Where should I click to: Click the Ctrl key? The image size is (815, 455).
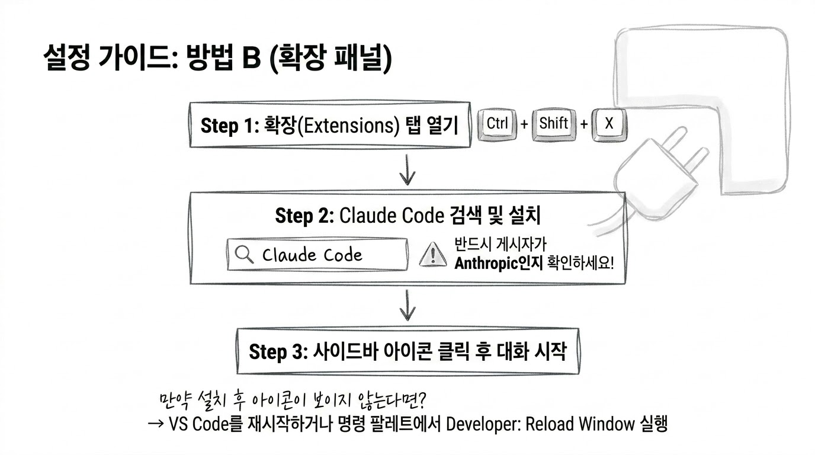point(497,124)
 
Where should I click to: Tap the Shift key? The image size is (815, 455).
point(554,124)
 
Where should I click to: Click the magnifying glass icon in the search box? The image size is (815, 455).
point(244,254)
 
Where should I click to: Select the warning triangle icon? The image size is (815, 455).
point(432,255)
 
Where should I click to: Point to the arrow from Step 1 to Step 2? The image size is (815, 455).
point(407,169)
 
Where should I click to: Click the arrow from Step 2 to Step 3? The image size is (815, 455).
point(407,305)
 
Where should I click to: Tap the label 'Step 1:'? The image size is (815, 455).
point(230,126)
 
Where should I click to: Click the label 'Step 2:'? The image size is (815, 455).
point(304,216)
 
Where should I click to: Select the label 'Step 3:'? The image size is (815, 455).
point(278,352)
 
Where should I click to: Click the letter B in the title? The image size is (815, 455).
point(251,58)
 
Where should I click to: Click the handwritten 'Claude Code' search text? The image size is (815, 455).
point(312,255)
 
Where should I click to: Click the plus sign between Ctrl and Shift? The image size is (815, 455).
point(524,124)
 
